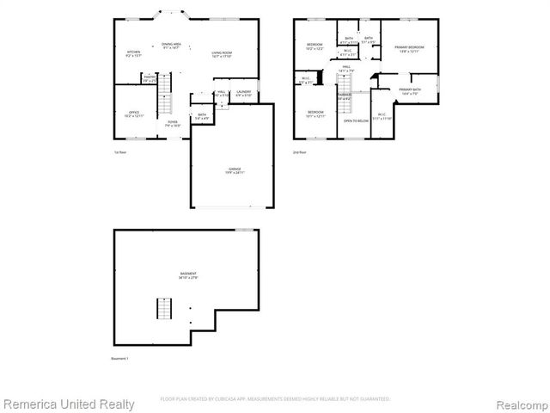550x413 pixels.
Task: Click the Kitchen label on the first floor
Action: pyautogui.click(x=134, y=53)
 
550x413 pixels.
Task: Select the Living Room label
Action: pyautogui.click(x=223, y=53)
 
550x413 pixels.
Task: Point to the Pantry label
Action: pyautogui.click(x=150, y=78)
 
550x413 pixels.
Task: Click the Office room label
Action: pyautogui.click(x=133, y=113)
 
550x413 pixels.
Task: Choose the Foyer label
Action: pyautogui.click(x=173, y=123)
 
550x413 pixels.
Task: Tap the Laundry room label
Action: pyautogui.click(x=244, y=92)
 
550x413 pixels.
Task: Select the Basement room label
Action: pyautogui.click(x=188, y=276)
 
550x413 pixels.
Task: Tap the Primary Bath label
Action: pyautogui.click(x=410, y=91)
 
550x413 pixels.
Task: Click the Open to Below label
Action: pyautogui.click(x=356, y=120)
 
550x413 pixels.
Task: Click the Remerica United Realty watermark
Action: pyautogui.click(x=68, y=404)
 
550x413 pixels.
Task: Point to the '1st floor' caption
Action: pyautogui.click(x=120, y=152)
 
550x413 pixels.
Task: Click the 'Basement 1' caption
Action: pyautogui.click(x=119, y=357)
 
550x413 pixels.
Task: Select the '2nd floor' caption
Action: pyautogui.click(x=299, y=152)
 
